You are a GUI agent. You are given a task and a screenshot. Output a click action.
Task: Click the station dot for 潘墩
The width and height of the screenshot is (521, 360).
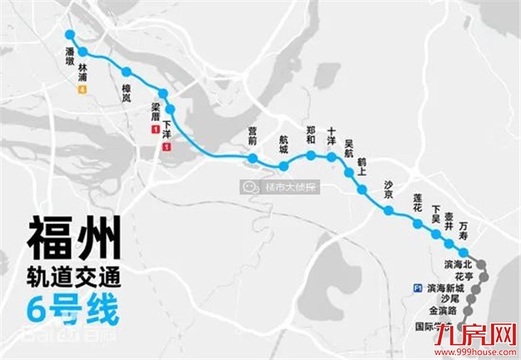70,36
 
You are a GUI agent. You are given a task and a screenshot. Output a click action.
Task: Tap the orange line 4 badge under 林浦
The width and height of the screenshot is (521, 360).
82,89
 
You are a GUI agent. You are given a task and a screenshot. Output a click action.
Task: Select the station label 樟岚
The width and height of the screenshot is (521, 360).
126,97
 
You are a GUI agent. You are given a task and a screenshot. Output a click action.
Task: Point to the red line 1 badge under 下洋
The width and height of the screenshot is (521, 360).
168,147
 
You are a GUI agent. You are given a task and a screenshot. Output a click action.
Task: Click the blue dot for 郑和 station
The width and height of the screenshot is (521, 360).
311,156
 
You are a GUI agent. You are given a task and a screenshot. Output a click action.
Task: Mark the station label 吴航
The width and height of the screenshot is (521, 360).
349,147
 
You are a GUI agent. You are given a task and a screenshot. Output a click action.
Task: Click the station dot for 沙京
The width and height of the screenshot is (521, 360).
388,210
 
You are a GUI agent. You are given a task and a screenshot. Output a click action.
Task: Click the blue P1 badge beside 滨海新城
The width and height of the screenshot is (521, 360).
417,287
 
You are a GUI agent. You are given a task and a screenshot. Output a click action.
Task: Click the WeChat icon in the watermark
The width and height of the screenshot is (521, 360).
249,187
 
